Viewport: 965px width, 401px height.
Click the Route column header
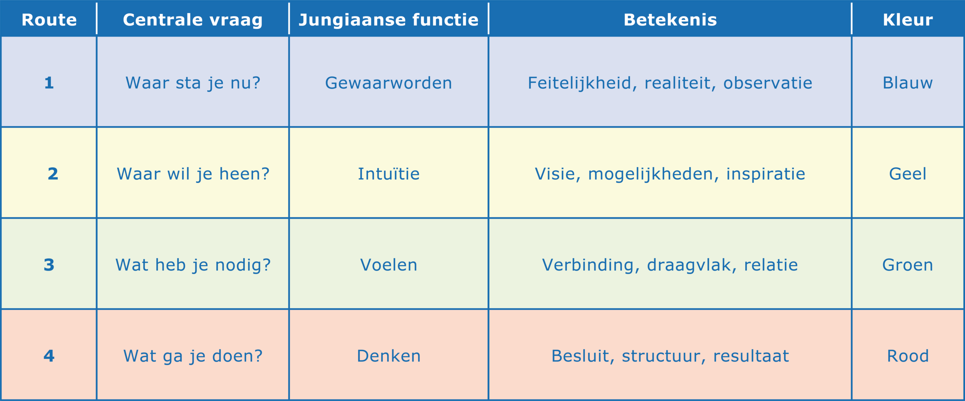click(49, 20)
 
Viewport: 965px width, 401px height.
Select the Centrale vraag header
click(193, 20)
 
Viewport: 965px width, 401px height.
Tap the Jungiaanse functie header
click(389, 20)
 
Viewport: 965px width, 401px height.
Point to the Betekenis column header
click(670, 20)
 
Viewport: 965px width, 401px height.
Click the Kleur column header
click(908, 20)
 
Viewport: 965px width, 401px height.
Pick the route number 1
click(49, 83)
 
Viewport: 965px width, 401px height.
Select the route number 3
click(49, 265)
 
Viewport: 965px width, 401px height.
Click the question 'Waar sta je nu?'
click(193, 83)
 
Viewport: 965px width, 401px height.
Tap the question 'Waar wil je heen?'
click(193, 174)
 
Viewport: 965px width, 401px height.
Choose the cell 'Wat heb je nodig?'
click(193, 265)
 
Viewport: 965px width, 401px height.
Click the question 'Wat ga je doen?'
click(193, 356)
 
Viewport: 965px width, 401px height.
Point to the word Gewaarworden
click(389, 83)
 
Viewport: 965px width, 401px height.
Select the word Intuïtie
click(389, 174)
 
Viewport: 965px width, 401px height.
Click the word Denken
click(389, 356)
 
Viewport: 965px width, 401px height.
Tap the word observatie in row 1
click(767, 83)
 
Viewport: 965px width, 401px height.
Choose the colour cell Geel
click(908, 174)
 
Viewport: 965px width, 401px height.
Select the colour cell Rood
click(908, 356)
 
